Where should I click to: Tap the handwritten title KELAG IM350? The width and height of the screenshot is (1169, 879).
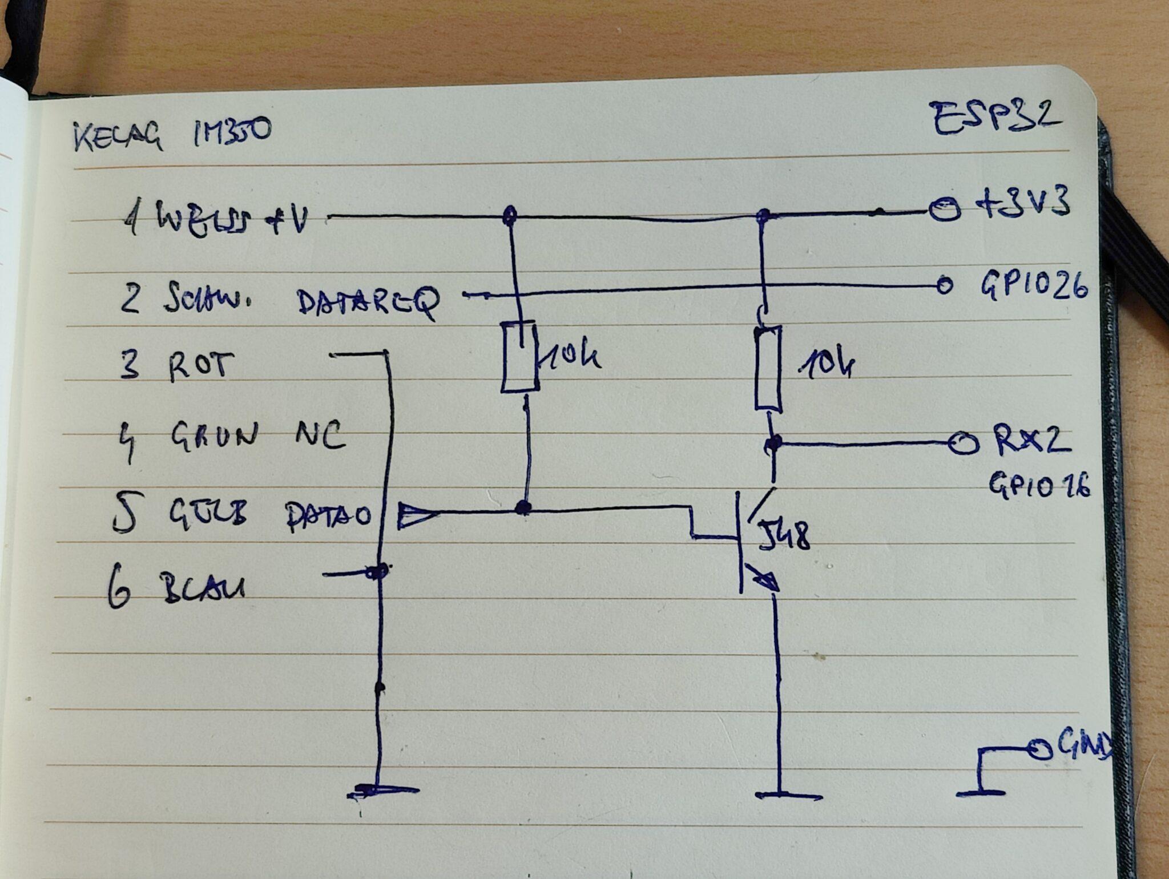click(x=172, y=135)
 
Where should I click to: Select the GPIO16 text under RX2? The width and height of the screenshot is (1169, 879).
click(x=1039, y=486)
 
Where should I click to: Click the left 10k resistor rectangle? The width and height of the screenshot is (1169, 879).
click(x=519, y=357)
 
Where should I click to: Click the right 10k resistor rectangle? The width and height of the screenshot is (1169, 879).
click(x=768, y=368)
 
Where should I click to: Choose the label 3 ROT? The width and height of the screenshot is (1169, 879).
click(x=178, y=365)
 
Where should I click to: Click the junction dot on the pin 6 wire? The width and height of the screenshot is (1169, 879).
click(x=377, y=571)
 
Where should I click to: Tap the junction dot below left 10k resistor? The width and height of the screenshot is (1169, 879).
click(x=522, y=507)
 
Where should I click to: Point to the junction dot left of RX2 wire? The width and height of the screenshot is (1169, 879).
click(x=773, y=442)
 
